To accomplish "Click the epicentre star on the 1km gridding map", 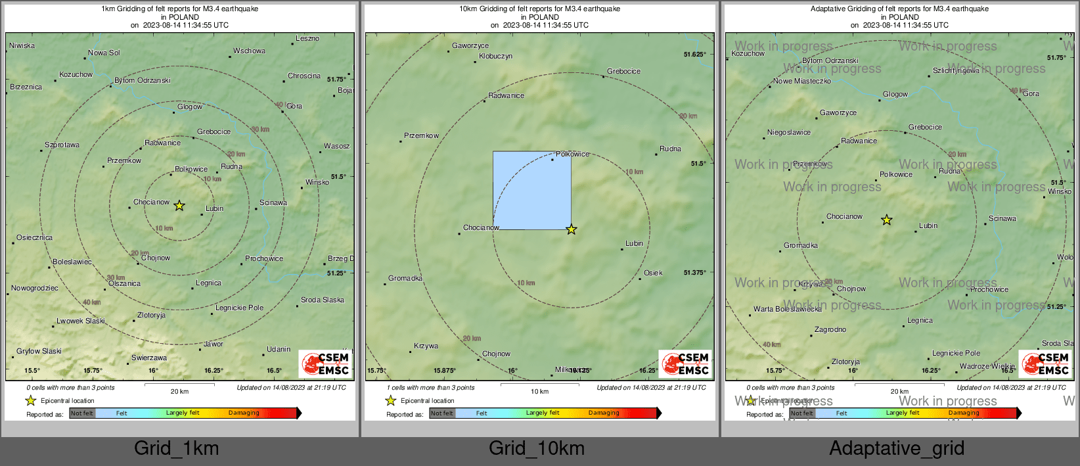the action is click(179, 206).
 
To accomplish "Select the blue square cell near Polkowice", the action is click(531, 191).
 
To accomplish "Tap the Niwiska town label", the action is click(22, 45).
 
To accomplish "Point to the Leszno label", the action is click(307, 38).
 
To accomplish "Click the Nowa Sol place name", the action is click(104, 53).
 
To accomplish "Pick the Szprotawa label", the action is click(62, 145).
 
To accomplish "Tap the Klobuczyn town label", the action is click(495, 56).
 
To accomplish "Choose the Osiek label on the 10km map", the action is click(653, 273).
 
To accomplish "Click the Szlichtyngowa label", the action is click(956, 70).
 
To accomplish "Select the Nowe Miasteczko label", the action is click(801, 81).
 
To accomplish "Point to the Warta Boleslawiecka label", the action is click(787, 309).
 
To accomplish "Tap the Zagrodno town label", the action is click(830, 329).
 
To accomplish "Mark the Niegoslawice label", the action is click(788, 132).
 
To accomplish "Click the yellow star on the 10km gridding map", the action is click(572, 229).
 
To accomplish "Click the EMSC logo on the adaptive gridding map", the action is click(1046, 363).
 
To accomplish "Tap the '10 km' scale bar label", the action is click(539, 392).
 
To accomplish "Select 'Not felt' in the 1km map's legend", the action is click(82, 413).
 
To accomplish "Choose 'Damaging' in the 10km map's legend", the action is click(604, 413).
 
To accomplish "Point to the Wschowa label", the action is click(249, 51).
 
